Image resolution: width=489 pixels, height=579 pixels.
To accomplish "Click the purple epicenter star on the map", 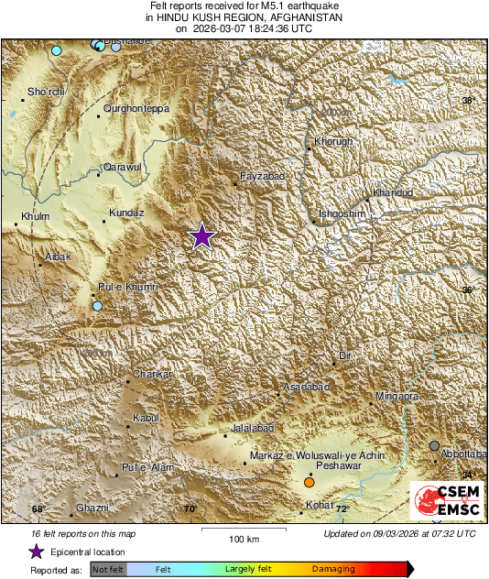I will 201,236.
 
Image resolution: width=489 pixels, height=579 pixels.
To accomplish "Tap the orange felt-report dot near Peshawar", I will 310,482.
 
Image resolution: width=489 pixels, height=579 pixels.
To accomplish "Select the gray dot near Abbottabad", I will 435,445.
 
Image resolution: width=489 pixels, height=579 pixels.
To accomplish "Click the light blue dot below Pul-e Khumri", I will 98,306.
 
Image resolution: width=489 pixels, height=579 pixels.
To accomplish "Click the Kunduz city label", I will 127,213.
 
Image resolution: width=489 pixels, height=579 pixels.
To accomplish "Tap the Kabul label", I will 147,419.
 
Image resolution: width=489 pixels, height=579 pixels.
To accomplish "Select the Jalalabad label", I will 252,428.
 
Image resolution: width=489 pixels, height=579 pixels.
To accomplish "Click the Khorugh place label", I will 333,142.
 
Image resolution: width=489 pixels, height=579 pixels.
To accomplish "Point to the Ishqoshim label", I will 342,213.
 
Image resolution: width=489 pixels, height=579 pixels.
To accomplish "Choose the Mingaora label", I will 397,397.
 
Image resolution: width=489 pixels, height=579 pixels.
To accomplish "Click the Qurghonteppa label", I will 136,108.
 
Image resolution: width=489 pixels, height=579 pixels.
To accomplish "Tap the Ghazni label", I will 92,508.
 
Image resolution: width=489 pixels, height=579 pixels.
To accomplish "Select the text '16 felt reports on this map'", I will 83,533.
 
